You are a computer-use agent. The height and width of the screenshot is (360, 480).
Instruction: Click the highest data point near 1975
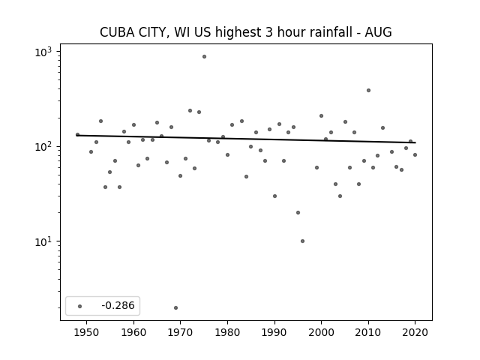point(204,57)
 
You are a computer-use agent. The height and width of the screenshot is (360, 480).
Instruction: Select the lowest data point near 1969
point(175,307)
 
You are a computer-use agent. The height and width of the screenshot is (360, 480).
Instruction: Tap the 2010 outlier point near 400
point(368,90)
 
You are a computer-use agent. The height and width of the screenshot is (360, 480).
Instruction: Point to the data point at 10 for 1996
point(302,241)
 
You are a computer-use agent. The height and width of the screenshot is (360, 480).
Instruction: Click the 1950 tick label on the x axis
point(87,332)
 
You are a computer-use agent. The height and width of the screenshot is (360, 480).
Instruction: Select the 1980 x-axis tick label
point(227,332)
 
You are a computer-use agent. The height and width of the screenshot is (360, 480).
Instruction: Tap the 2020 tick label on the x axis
point(415,332)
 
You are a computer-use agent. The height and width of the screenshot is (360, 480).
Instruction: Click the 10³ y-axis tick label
point(43,52)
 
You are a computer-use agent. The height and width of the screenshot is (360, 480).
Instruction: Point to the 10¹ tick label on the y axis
point(43,241)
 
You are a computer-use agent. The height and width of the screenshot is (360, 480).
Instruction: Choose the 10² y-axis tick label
point(43,147)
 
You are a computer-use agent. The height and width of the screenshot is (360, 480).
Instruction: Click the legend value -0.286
point(118,305)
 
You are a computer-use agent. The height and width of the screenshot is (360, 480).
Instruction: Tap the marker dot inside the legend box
point(80,306)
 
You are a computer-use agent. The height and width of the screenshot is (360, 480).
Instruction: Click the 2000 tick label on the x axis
point(322,332)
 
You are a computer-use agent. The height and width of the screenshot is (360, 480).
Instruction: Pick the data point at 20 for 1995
point(298,212)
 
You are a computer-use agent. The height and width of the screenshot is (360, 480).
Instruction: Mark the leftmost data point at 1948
point(77,134)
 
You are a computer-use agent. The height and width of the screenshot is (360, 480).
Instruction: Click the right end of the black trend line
point(415,142)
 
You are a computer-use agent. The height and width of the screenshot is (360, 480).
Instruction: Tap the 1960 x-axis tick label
point(133,332)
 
